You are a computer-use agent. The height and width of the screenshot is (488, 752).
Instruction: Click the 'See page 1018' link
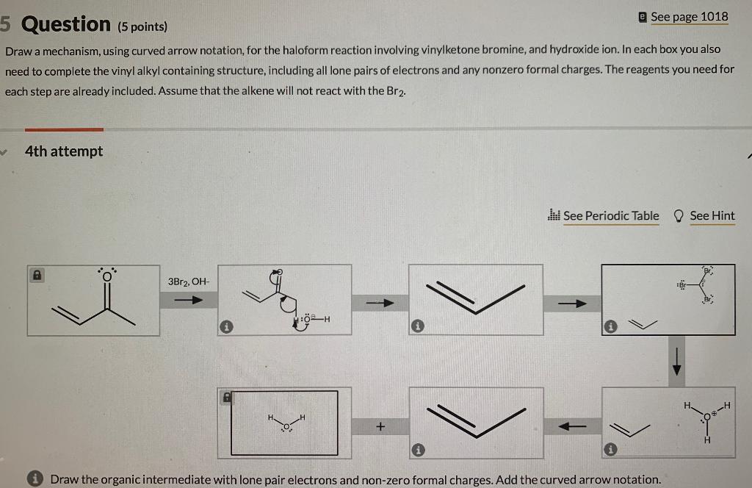(689, 16)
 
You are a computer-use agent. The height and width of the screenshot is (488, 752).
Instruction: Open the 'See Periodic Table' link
(611, 215)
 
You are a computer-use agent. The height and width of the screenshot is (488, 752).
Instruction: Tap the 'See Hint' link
(712, 215)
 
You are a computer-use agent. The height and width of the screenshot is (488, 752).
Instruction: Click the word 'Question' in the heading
(66, 24)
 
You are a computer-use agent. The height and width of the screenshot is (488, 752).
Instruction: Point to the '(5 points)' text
(142, 27)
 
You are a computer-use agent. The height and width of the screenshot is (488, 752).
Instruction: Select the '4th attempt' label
(64, 151)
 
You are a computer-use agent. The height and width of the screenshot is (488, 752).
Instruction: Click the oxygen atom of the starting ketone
(107, 276)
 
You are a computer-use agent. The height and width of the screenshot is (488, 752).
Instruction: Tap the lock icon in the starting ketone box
(35, 274)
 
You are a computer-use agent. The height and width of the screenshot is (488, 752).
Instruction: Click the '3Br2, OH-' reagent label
(188, 281)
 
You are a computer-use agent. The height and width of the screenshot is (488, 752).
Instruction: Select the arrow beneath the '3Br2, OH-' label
(188, 300)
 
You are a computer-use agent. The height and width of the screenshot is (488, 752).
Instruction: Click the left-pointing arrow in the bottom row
(573, 426)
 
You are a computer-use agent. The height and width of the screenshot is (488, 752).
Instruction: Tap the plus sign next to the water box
(380, 426)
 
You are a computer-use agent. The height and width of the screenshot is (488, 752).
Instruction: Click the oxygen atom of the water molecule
(286, 426)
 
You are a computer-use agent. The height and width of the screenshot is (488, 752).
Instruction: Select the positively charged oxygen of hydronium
(707, 417)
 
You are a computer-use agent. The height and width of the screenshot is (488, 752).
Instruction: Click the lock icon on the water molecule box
(228, 396)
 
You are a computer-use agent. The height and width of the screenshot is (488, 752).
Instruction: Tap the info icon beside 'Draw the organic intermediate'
(33, 479)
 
